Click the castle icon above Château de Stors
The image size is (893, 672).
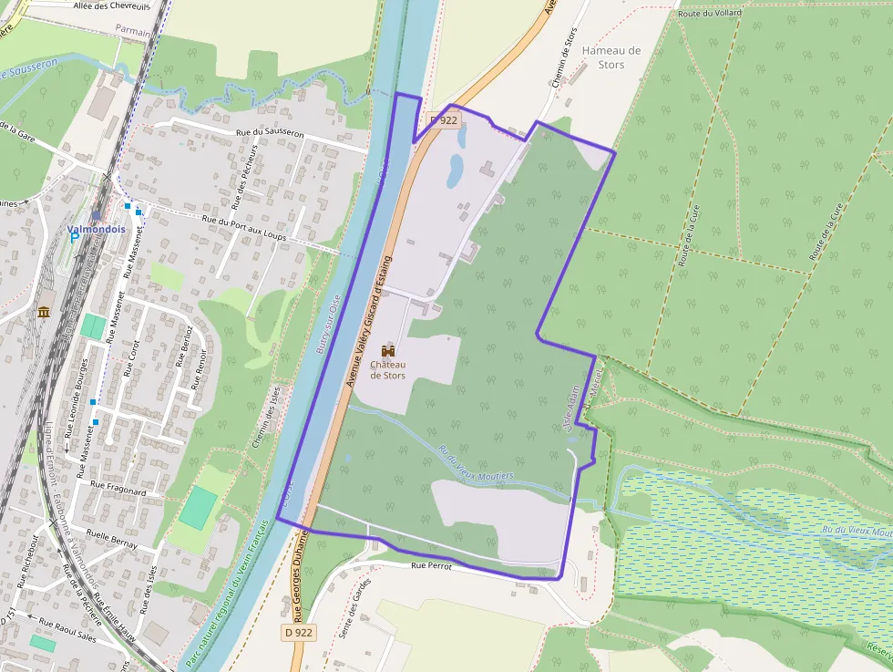click(388, 351)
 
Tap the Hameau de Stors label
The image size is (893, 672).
click(611, 57)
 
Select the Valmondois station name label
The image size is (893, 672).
click(96, 229)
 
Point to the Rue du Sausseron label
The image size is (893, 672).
click(269, 133)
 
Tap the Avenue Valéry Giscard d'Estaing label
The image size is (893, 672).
click(368, 322)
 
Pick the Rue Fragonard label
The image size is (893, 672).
click(118, 491)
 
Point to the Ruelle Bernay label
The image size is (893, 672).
click(111, 538)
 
